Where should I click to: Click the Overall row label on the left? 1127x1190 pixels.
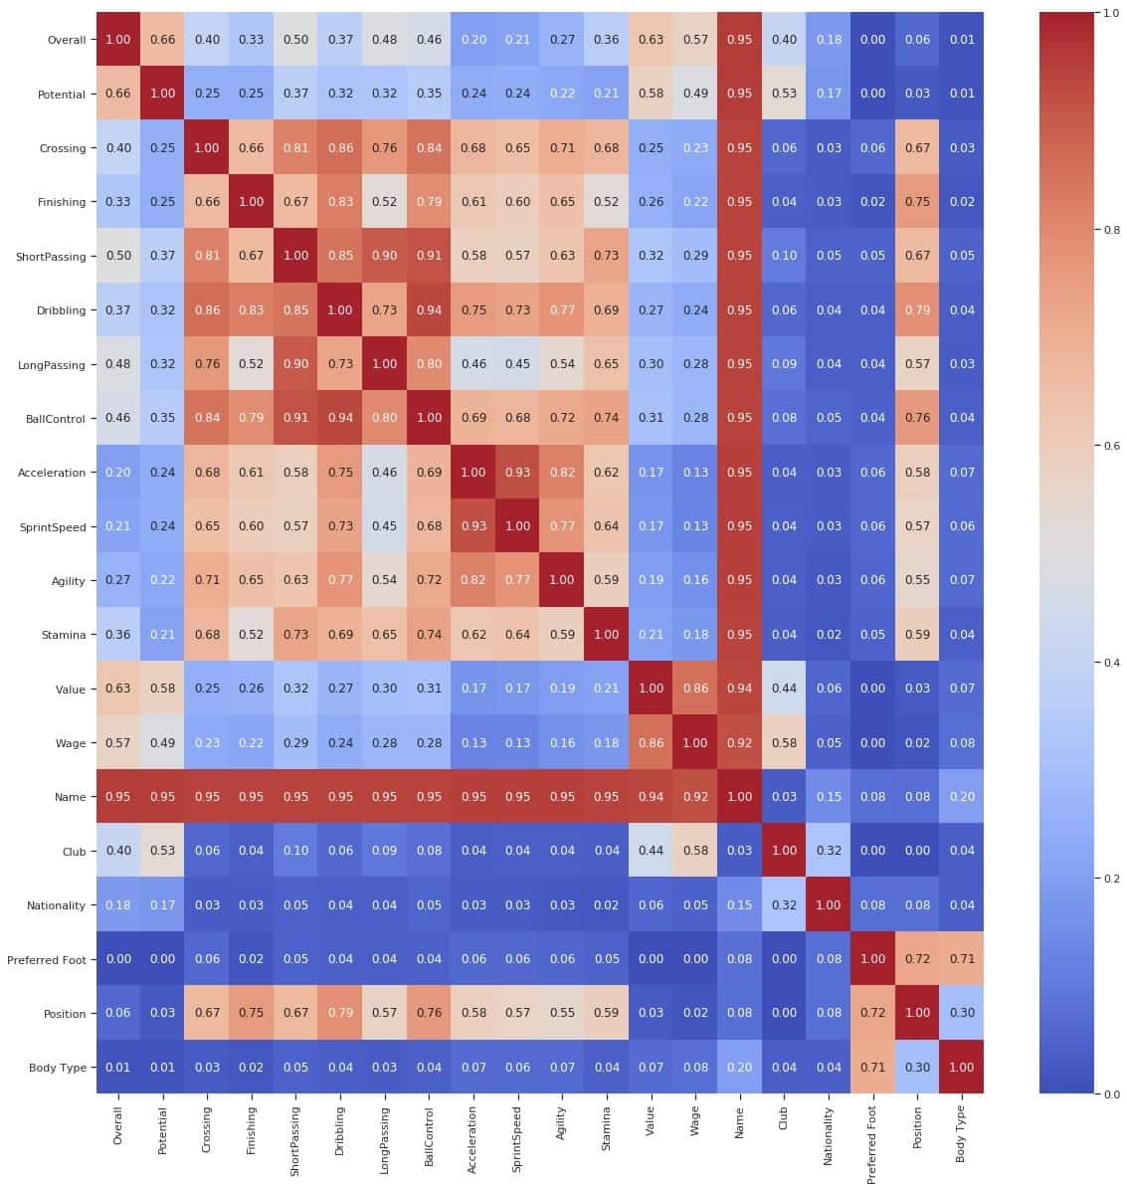[x=66, y=40]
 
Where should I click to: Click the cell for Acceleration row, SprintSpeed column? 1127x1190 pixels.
[x=517, y=473]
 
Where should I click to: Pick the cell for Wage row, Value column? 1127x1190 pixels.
[x=651, y=743]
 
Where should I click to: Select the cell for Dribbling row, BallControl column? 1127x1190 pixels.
[x=429, y=309]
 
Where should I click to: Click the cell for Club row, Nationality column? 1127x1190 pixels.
[x=828, y=852]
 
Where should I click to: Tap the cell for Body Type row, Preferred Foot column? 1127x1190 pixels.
[x=872, y=1068]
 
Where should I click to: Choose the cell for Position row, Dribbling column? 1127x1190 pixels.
[x=340, y=1013]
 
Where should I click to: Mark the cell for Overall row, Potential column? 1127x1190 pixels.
[x=162, y=40]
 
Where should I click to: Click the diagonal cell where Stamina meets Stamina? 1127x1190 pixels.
[x=606, y=635]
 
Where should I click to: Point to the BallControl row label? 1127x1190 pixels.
[x=52, y=419]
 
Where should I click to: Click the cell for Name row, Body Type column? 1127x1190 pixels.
[x=961, y=797]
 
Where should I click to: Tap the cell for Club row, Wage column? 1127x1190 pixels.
[x=695, y=852]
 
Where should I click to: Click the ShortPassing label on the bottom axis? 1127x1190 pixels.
[x=295, y=1140]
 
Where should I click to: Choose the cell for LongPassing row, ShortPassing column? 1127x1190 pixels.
[x=295, y=364]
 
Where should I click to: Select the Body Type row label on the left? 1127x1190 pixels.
[x=57, y=1068]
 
